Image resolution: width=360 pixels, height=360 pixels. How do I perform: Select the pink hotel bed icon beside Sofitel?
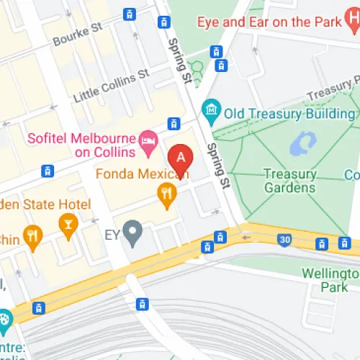(148, 137)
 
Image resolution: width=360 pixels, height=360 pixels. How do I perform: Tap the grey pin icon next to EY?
(131, 232)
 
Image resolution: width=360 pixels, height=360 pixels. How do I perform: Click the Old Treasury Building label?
(289, 113)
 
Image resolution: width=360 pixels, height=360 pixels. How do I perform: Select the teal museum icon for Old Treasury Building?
(211, 109)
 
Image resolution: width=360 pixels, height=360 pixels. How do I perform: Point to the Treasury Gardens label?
(289, 181)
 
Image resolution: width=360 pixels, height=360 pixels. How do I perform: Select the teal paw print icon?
(5, 318)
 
